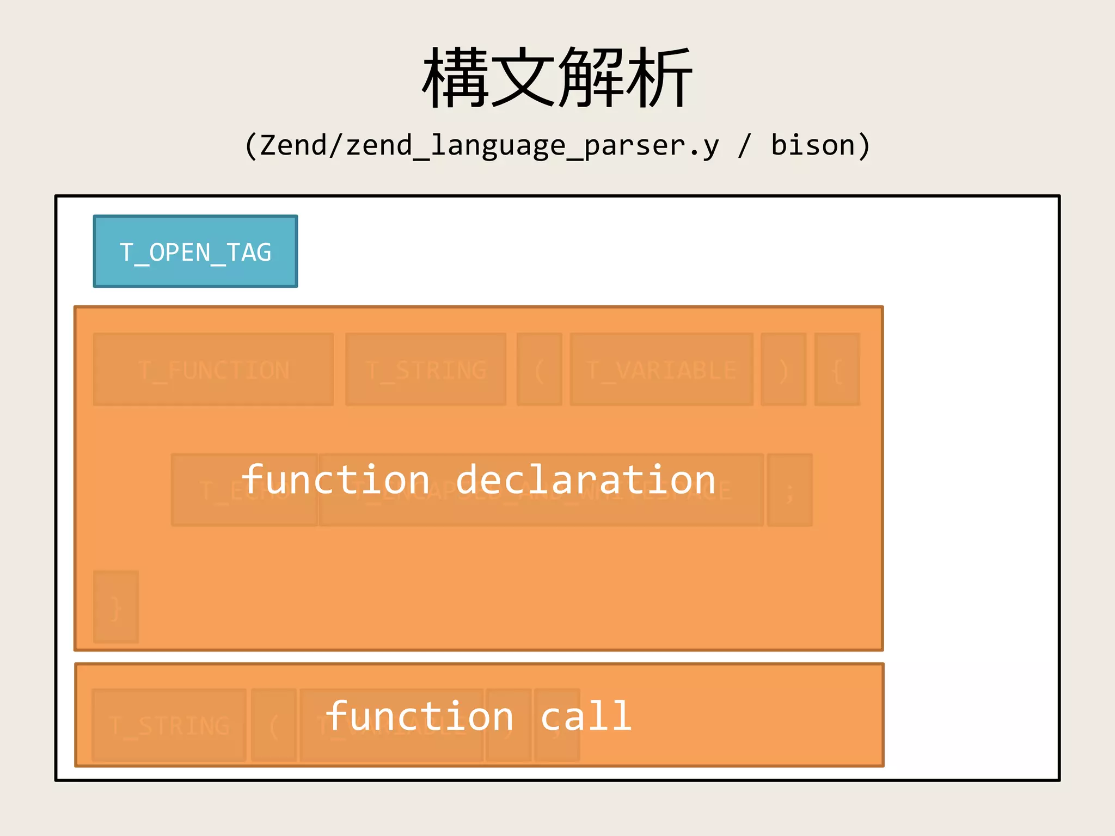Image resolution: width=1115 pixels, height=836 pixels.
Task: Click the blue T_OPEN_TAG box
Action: click(x=195, y=251)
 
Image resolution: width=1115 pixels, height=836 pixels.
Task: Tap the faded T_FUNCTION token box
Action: click(x=213, y=370)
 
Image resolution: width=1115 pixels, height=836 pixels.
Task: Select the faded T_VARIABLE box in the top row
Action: click(x=661, y=370)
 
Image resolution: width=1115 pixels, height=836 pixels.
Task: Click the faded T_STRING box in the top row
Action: click(x=425, y=370)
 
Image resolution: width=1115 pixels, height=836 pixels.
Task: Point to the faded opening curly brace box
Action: click(x=837, y=370)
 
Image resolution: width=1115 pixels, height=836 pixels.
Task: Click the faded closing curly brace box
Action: click(x=115, y=607)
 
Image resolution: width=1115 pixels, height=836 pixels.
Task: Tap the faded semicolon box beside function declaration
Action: click(x=789, y=490)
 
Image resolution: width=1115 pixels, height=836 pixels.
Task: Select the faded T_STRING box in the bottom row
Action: click(x=169, y=725)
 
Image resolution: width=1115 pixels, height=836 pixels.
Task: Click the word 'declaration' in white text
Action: click(x=585, y=480)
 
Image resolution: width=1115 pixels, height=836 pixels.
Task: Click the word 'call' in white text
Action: click(x=586, y=716)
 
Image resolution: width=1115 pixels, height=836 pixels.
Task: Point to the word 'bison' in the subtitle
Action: click(x=813, y=145)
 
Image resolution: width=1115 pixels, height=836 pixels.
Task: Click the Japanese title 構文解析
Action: click(x=557, y=77)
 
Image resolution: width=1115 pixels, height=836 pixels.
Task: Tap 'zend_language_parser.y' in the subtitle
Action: click(x=532, y=146)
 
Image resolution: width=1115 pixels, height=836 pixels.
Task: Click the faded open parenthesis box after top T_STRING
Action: click(x=539, y=370)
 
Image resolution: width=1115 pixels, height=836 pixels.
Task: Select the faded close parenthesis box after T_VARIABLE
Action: click(x=783, y=370)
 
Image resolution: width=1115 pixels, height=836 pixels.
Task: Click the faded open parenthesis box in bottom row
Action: click(x=274, y=725)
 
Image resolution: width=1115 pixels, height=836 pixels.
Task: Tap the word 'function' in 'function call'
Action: click(x=419, y=716)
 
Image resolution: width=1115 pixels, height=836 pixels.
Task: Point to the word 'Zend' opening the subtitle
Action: click(x=293, y=145)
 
